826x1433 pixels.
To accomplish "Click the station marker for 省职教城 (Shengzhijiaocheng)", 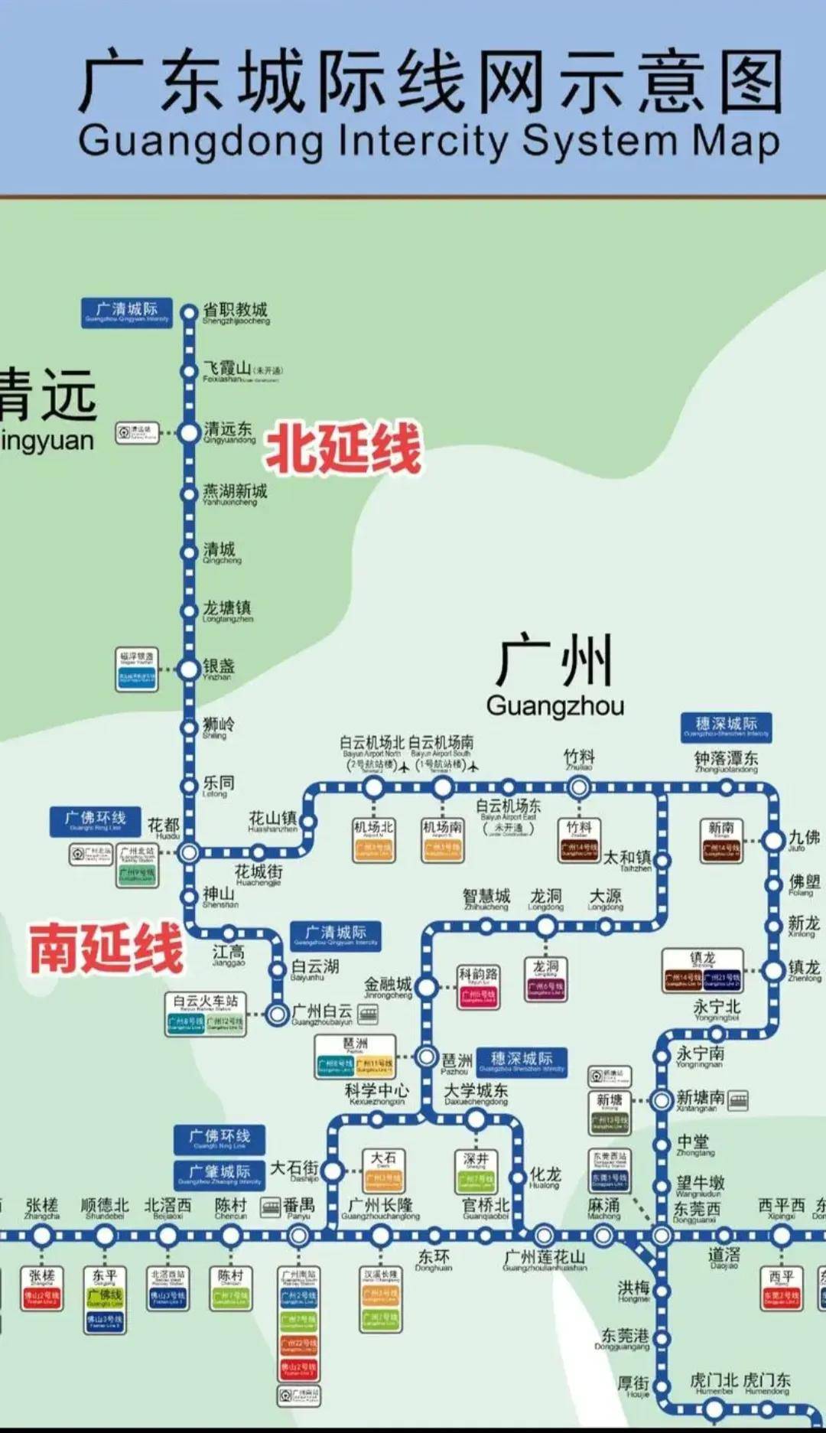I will click(189, 313).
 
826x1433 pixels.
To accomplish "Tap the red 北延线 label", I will click(343, 449).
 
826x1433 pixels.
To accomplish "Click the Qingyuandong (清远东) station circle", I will click(189, 433).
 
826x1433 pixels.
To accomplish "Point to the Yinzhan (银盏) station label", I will click(218, 668).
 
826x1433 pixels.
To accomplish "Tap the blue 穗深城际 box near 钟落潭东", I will click(726, 726).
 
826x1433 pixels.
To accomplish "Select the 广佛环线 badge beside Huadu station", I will click(96, 821).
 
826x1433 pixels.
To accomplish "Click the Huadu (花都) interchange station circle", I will click(189, 852).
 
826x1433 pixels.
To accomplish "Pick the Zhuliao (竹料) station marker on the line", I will click(579, 787).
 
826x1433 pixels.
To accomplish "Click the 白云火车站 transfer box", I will click(206, 1014).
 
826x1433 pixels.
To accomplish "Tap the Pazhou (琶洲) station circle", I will click(426, 1057).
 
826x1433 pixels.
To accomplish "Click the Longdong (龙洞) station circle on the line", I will click(545, 927).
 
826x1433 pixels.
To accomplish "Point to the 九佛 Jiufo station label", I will click(803, 840).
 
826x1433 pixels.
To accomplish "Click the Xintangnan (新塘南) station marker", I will click(662, 1101).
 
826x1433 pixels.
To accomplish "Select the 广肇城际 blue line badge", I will click(220, 1174).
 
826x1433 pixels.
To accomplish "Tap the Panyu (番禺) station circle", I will click(298, 1236).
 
